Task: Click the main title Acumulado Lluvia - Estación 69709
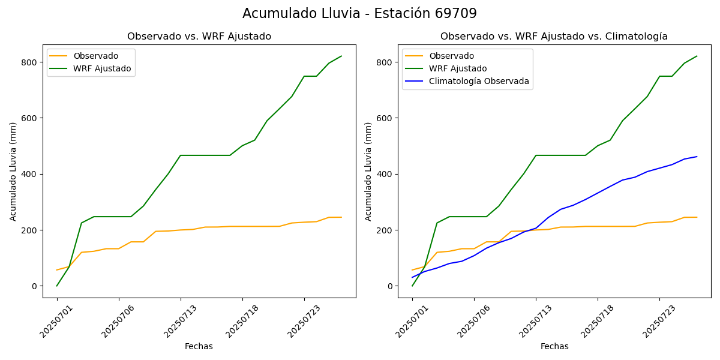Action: click(x=359, y=14)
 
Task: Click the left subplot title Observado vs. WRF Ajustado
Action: click(x=199, y=37)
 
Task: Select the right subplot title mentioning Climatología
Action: click(x=554, y=37)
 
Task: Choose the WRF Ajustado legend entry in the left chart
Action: click(x=102, y=68)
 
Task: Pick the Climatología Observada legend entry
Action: click(x=479, y=81)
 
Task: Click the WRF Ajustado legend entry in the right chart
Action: click(x=457, y=68)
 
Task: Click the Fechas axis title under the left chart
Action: click(x=199, y=346)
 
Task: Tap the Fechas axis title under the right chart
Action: click(x=554, y=346)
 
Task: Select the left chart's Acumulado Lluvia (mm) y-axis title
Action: click(x=13, y=171)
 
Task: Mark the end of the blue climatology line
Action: click(x=697, y=157)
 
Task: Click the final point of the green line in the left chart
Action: click(x=341, y=56)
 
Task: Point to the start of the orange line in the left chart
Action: click(x=57, y=270)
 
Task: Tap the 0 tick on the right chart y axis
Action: click(x=391, y=286)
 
